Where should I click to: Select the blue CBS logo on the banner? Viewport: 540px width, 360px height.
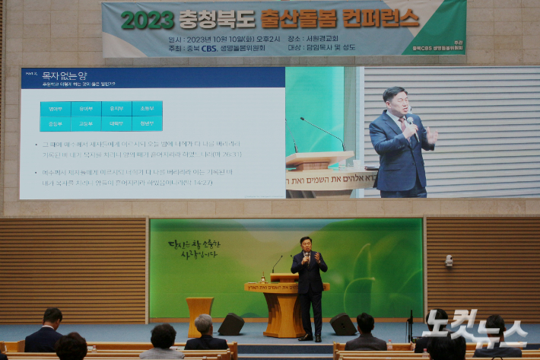(209, 48)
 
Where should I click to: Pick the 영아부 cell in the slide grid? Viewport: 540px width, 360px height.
(56, 109)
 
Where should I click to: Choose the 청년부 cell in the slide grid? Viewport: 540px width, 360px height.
(147, 123)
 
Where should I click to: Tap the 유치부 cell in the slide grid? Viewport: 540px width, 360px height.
(116, 109)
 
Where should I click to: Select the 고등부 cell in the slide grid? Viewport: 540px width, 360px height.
(86, 123)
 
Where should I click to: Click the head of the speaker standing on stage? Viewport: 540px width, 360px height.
(307, 244)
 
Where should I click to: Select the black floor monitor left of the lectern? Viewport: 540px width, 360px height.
(231, 323)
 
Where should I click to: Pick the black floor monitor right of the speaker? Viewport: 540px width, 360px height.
(342, 324)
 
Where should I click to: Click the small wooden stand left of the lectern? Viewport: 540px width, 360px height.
(199, 313)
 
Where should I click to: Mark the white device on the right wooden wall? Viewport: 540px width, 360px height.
(449, 261)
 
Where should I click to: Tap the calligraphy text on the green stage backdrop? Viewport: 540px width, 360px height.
(194, 250)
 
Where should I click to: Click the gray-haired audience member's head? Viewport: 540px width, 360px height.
(204, 324)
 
